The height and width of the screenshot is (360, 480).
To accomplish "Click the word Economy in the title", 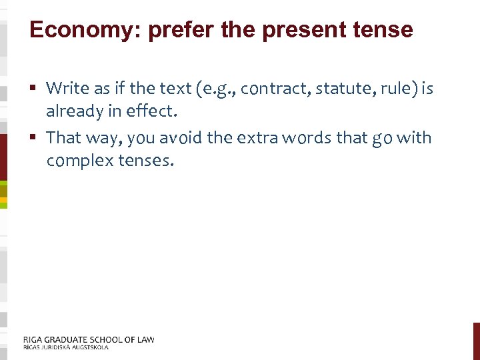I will click(73, 30).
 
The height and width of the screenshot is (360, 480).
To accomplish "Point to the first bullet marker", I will click(34, 88).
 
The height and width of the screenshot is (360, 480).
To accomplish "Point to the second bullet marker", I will click(34, 138).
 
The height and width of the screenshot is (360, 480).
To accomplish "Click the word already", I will click(73, 112).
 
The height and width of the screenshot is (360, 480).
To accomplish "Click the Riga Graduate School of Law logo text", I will click(88, 339).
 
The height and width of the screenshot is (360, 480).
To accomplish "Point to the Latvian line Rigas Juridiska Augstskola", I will click(65, 347).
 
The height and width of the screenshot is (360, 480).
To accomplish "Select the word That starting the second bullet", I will click(63, 137).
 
